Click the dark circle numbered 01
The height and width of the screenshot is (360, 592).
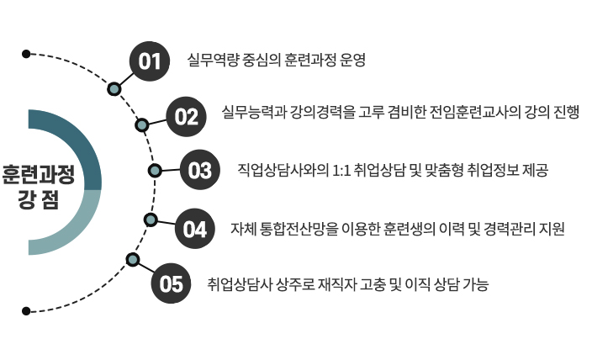pos(150,61)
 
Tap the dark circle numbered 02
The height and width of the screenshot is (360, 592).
pos(186,116)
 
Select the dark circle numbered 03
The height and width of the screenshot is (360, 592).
pos(199,171)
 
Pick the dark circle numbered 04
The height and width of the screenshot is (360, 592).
pos(194,229)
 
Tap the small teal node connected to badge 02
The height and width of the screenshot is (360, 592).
pos(141,125)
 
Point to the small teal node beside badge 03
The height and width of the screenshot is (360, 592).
pos(155,171)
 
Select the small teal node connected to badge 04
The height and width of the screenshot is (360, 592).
pos(151,220)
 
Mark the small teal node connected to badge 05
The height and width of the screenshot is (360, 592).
pos(131,258)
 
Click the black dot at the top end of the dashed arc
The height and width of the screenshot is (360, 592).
pos(27,54)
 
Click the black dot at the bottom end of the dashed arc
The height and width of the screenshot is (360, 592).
pos(27,311)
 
